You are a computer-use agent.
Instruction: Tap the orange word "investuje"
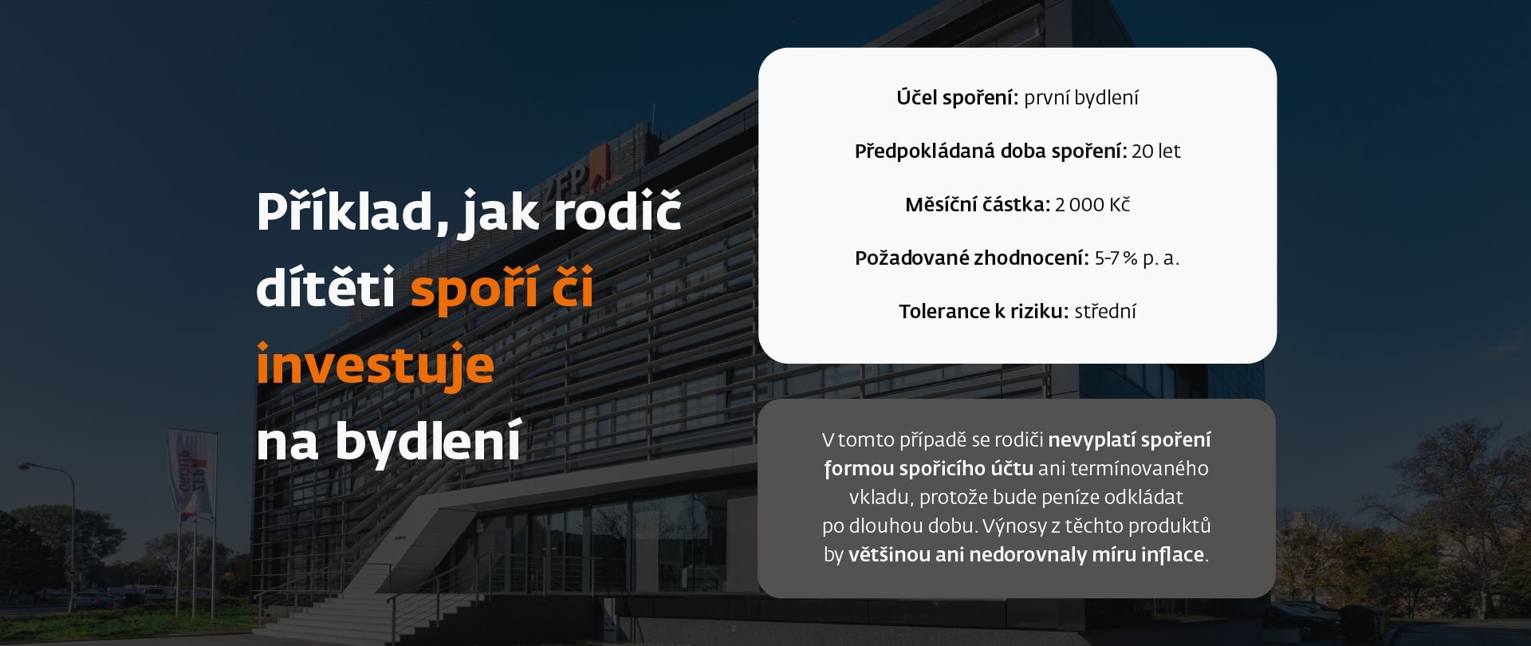pos(376,365)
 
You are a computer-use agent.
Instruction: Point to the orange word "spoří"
pos(474,288)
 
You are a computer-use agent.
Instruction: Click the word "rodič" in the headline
pos(617,212)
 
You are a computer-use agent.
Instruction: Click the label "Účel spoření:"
pos(958,97)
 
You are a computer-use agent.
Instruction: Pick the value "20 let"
pos(1156,151)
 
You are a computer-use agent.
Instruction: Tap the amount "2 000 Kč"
pos(1092,205)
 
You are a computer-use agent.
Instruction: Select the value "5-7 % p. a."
pos(1137,258)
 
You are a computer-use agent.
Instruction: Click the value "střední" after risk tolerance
pos(1105,311)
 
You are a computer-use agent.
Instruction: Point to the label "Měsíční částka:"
pos(978,205)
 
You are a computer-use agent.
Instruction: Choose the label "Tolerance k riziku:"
pos(984,311)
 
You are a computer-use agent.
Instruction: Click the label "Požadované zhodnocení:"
pos(972,258)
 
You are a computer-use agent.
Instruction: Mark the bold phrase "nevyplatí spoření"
pos(1130,440)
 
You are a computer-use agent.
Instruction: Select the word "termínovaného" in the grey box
pos(1139,468)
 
